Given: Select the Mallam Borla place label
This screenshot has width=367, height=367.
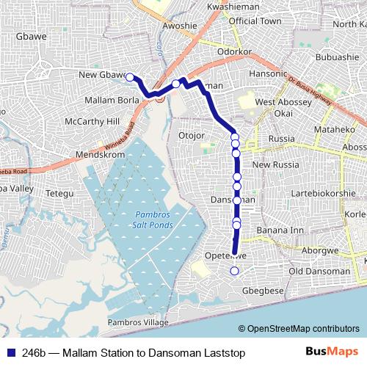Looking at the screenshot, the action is pos(112,99).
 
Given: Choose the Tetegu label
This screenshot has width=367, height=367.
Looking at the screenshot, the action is pos(61,193).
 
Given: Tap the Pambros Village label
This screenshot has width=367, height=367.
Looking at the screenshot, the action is pos(138,322).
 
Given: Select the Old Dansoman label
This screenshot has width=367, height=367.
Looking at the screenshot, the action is pos(319,271).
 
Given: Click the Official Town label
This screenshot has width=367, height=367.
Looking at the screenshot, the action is pos(255,21).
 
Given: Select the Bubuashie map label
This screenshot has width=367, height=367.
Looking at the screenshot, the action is pos(335,57).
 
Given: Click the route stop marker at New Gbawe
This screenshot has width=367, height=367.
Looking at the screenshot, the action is pos(130,77).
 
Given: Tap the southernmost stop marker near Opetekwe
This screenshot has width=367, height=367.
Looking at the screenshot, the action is pos(234,272).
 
